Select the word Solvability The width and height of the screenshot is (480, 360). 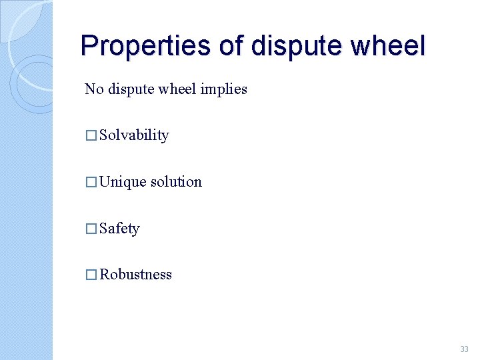pyautogui.click(x=134, y=135)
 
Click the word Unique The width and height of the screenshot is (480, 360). pyautogui.click(x=123, y=182)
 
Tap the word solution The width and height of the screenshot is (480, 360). pyautogui.click(x=176, y=182)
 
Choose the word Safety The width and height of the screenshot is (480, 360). pyautogui.click(x=119, y=229)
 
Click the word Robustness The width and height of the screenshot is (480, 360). pyautogui.click(x=135, y=275)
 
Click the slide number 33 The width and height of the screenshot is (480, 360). pyautogui.click(x=464, y=349)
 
